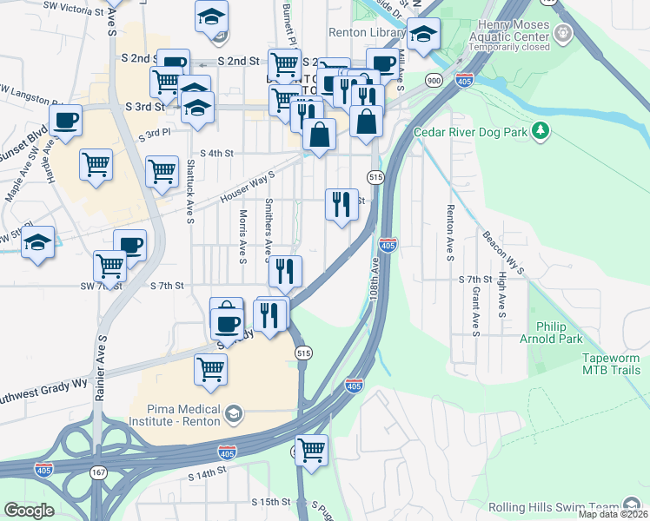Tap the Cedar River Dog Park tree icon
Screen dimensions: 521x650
[541, 131]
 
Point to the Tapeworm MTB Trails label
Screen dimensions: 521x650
[599, 364]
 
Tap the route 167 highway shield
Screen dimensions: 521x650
[98, 472]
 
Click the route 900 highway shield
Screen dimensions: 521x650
[432, 81]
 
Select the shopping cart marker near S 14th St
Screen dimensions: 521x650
[311, 451]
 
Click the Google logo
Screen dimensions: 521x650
[29, 511]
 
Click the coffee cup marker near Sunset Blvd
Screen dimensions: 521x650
[65, 122]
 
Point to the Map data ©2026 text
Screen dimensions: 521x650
[613, 514]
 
